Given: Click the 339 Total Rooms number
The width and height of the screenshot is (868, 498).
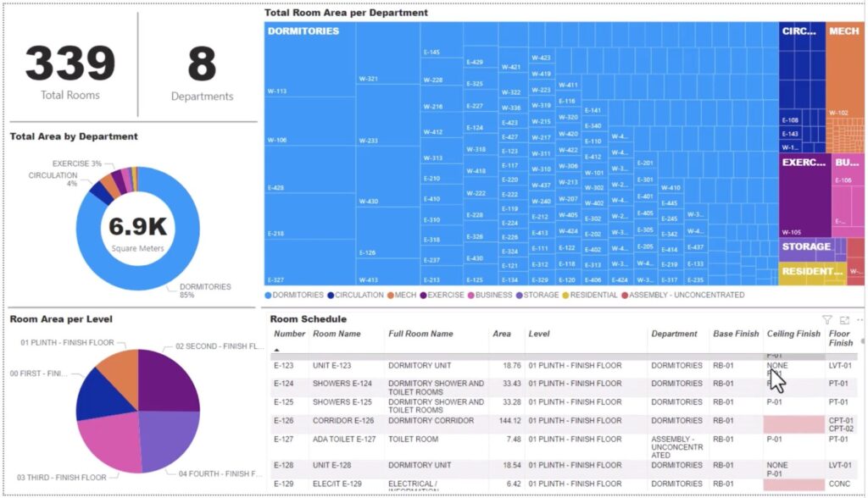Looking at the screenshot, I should coord(70,64).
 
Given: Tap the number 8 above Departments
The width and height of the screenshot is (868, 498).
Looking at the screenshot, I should coord(202,64).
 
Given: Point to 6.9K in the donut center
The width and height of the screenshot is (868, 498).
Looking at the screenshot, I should coord(137,226).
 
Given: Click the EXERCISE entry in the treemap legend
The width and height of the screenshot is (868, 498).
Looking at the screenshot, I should coord(442,296).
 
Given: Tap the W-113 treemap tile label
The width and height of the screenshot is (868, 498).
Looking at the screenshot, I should coord(276,91).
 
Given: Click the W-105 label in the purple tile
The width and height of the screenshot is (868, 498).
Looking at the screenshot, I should coord(790,232).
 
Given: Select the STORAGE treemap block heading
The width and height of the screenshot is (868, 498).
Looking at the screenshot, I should coord(805,247).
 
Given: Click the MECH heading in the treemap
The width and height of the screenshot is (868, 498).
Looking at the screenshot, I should coord(843,31).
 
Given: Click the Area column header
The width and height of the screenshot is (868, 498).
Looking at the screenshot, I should coord(502,334).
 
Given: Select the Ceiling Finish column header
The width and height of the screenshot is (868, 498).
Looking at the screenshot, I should coord(793,334).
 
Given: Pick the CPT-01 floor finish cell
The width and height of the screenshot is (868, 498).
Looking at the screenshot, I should coord(841,420).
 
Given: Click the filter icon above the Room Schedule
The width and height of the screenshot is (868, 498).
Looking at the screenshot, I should coord(827,320).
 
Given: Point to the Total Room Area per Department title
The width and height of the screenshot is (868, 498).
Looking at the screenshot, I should coord(346,13).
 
